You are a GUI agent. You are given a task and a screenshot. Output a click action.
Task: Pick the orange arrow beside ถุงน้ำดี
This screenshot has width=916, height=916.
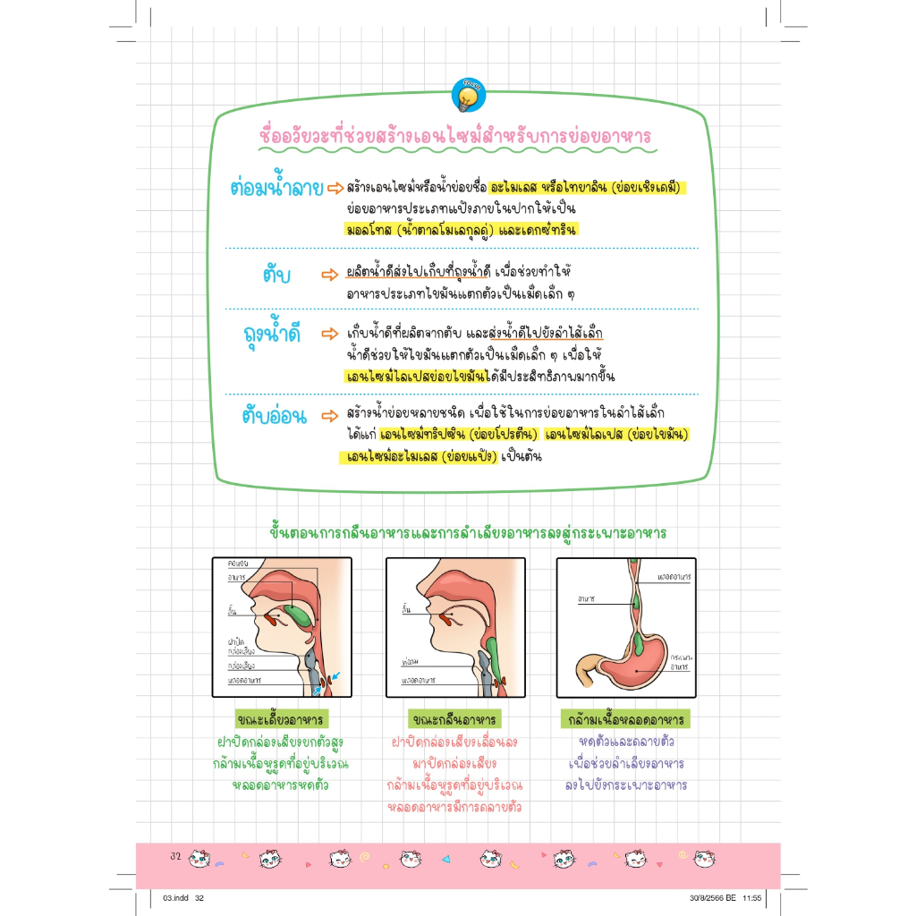tap(332, 334)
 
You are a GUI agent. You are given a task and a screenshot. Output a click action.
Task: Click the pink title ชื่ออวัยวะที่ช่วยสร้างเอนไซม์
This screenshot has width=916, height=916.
tap(454, 136)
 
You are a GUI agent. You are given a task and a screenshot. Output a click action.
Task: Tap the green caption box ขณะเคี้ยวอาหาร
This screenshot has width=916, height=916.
tap(280, 720)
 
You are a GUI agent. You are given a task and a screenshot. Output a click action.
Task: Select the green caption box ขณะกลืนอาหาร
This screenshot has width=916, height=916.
tap(455, 720)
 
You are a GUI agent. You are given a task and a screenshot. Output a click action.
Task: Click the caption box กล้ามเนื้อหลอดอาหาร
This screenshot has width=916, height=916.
tap(625, 720)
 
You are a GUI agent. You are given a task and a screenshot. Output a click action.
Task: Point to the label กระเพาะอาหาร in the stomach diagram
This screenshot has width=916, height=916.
tap(681, 661)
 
